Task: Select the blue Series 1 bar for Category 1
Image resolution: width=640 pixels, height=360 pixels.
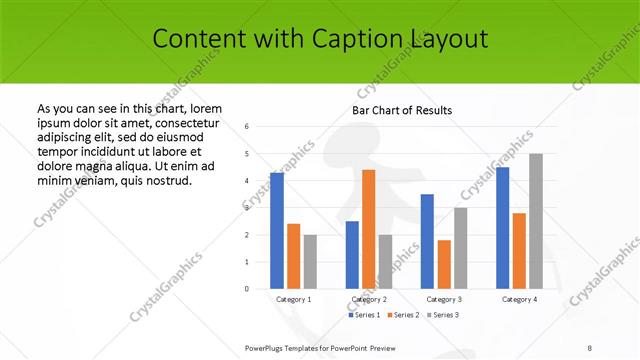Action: (x=277, y=230)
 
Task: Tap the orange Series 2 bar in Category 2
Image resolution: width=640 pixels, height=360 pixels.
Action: (x=368, y=229)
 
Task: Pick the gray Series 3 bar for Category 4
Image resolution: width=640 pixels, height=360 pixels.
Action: (x=536, y=221)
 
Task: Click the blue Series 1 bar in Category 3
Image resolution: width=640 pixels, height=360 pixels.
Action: (x=427, y=241)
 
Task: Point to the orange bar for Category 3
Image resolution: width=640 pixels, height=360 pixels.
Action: (x=444, y=264)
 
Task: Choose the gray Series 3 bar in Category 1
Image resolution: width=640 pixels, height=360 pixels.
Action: (x=310, y=261)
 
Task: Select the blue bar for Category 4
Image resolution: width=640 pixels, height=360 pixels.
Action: (x=502, y=227)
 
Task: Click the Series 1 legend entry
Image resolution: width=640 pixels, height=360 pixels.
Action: (x=364, y=315)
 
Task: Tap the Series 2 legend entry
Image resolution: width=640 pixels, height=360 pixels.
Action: (x=403, y=315)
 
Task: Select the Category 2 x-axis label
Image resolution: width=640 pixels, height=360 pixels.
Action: (x=369, y=299)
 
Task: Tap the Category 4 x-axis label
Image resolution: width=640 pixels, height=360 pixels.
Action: (x=519, y=299)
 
